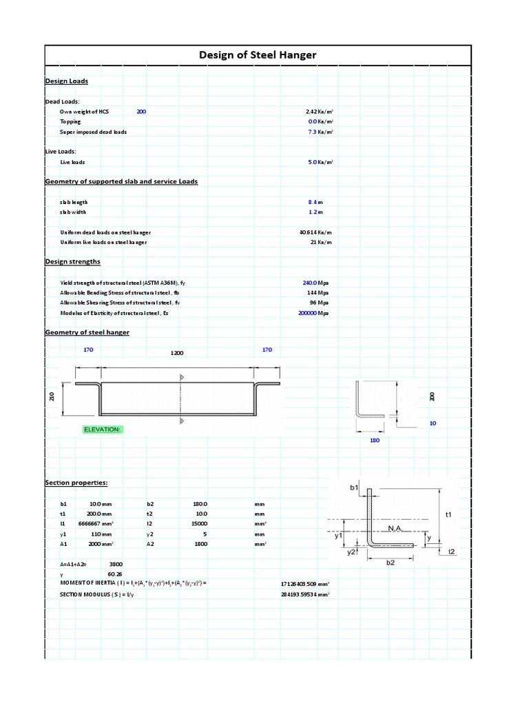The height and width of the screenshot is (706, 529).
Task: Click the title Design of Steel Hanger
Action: click(x=258, y=55)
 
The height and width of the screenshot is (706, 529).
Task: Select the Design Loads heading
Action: click(x=66, y=81)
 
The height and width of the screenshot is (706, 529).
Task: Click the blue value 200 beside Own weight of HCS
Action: click(x=141, y=111)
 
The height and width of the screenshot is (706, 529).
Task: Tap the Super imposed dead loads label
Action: click(x=93, y=131)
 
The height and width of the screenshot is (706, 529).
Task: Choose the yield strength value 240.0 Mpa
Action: click(x=310, y=283)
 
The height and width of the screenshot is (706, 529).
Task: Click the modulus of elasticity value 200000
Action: click(x=307, y=312)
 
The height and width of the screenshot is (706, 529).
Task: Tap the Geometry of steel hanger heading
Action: click(x=87, y=332)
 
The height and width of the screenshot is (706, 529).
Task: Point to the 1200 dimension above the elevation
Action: click(x=177, y=352)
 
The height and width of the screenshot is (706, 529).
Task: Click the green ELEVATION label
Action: click(x=102, y=429)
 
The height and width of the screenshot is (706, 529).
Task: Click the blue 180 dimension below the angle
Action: click(x=375, y=439)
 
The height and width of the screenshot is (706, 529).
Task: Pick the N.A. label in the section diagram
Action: click(x=395, y=527)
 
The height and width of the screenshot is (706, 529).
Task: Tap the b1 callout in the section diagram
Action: click(x=354, y=487)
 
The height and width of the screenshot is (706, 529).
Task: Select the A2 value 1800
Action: click(x=200, y=544)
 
